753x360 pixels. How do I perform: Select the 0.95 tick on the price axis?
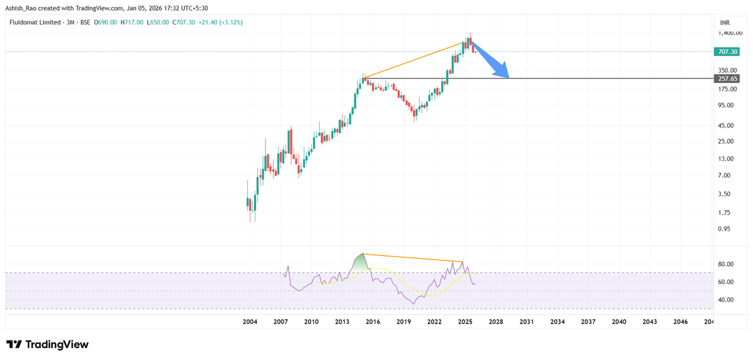(x=724, y=229)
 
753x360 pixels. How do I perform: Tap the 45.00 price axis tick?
(x=725, y=124)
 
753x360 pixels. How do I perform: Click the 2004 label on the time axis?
(x=250, y=322)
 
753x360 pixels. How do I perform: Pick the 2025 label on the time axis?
(x=465, y=322)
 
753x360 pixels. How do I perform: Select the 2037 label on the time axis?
(x=588, y=322)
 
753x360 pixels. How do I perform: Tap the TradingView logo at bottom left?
(x=48, y=344)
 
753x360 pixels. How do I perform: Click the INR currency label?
(x=725, y=22)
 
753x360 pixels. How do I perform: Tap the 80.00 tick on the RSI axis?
(x=725, y=264)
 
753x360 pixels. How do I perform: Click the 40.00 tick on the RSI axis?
(x=725, y=300)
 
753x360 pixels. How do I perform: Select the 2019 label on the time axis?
(x=403, y=322)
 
